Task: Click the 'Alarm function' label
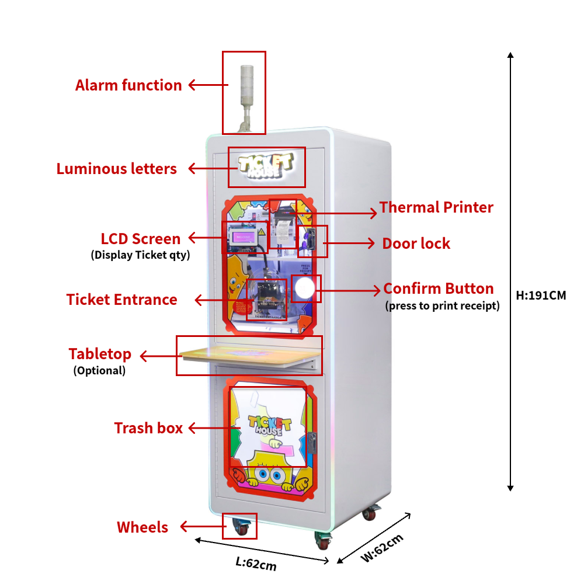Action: click(x=128, y=85)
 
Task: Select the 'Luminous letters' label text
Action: click(x=116, y=169)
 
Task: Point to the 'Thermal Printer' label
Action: click(x=436, y=207)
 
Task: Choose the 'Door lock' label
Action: click(x=416, y=244)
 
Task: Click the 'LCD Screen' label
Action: click(x=141, y=239)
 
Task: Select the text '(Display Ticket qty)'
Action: click(x=140, y=255)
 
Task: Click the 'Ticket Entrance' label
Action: click(x=121, y=300)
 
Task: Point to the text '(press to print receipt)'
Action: click(x=442, y=305)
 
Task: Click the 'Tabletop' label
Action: click(x=100, y=354)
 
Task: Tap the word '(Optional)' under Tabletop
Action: click(x=99, y=370)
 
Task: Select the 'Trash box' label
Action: click(x=148, y=428)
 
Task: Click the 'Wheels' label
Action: click(x=142, y=527)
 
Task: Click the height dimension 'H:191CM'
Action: click(x=541, y=296)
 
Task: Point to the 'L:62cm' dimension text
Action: click(x=256, y=564)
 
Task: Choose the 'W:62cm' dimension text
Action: click(x=382, y=548)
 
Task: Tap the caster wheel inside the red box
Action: click(x=241, y=528)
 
